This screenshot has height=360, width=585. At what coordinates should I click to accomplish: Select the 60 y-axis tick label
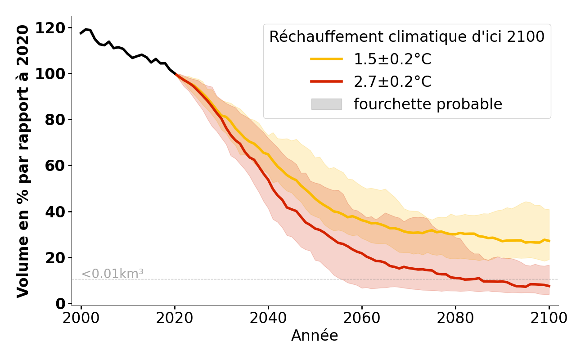pos(55,166)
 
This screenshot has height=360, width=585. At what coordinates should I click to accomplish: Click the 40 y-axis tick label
pos(55,212)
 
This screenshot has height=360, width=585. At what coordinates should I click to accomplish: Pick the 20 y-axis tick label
pos(55,258)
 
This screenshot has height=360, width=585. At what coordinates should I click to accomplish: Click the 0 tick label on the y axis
pos(60,304)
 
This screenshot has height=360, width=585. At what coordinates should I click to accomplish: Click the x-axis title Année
pos(315,336)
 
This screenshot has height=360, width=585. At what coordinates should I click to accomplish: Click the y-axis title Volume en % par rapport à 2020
pos(23,161)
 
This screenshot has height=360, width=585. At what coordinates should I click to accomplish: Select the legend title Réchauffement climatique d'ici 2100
pos(407,37)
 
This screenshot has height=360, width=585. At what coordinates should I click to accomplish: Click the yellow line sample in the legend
pos(327,59)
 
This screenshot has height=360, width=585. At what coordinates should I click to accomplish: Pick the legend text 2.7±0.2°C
pos(392,81)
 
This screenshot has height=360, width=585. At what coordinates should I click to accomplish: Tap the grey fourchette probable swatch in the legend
pos(327,104)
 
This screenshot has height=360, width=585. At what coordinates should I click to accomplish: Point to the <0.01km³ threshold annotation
pos(112,274)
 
